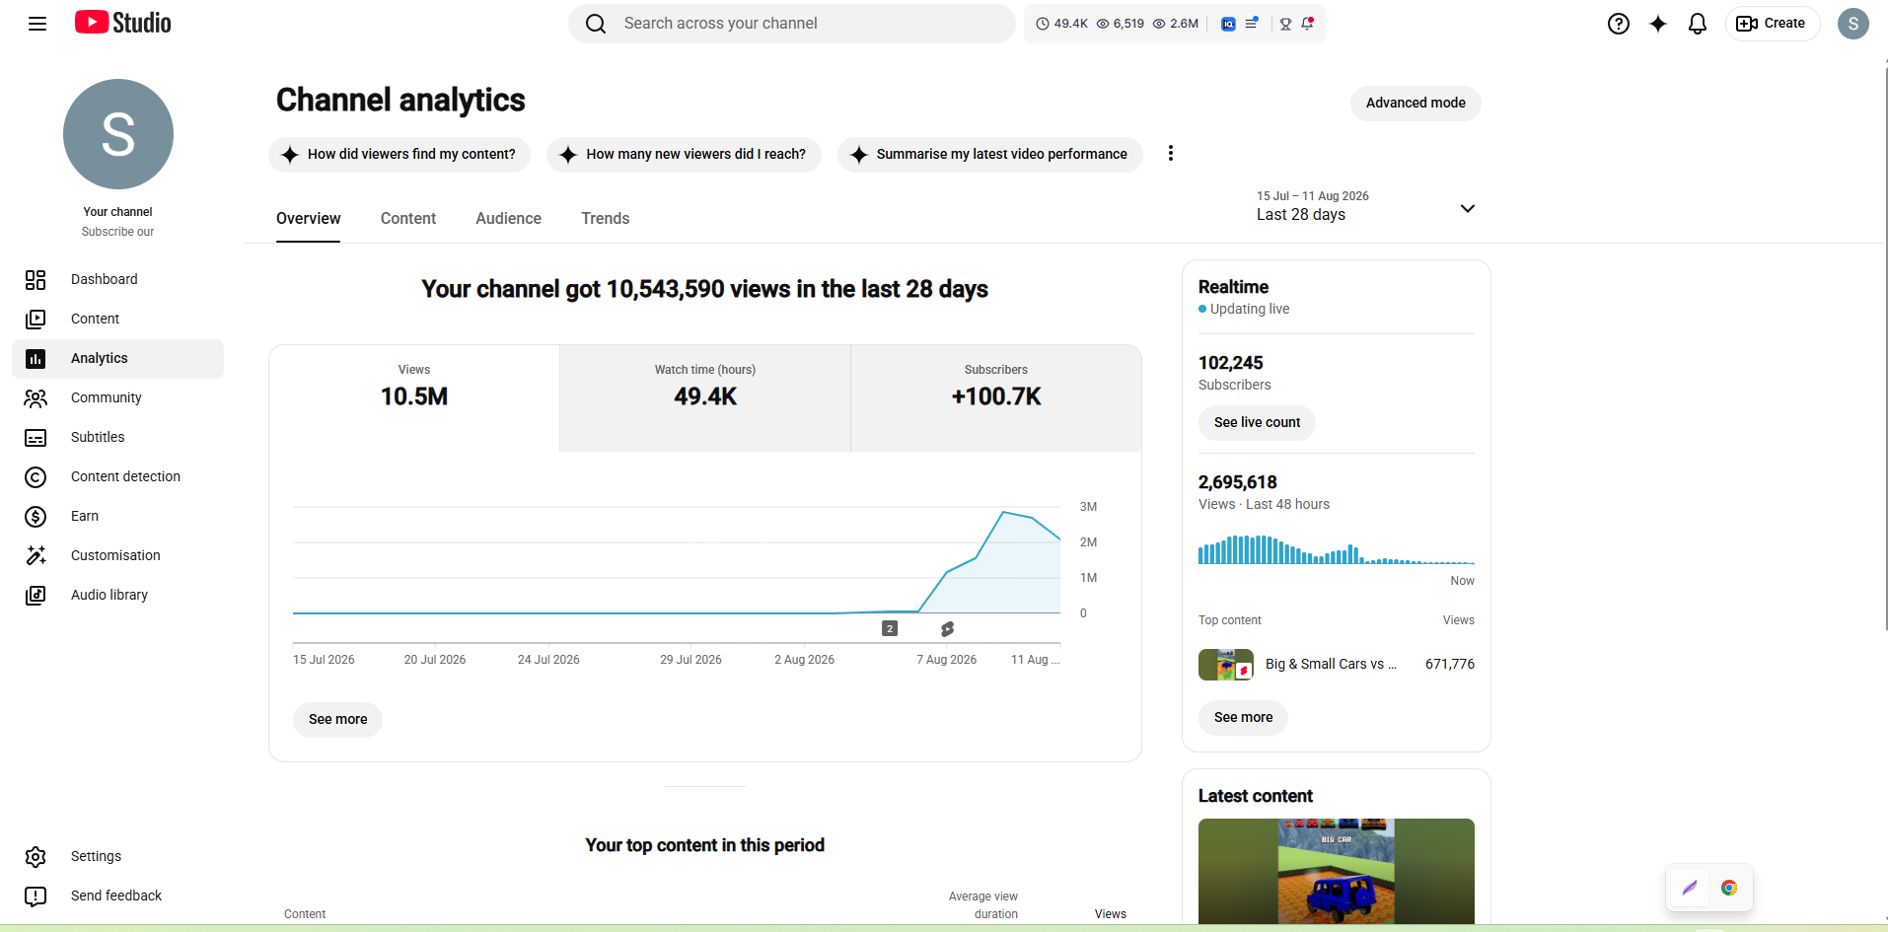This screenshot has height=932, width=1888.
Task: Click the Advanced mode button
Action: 1416,103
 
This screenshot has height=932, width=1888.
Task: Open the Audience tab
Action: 508,218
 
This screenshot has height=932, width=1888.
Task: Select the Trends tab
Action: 605,218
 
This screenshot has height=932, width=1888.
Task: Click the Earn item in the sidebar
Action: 85,516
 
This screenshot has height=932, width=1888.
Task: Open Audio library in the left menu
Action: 109,595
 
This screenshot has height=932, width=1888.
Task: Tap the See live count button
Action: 1257,422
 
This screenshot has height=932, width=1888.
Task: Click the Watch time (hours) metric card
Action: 705,397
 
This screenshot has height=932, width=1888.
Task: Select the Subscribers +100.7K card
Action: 996,397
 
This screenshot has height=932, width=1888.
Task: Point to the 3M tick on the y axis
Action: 1088,507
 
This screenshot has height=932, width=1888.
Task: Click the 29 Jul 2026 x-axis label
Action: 690,660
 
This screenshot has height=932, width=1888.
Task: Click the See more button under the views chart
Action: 337,719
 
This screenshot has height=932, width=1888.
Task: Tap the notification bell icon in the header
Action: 1697,24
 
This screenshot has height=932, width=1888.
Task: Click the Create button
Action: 1772,24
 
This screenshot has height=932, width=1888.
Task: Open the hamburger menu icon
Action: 37,24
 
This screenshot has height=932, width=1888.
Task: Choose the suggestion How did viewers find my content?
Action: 399,154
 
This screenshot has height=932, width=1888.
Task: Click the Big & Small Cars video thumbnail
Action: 1226,665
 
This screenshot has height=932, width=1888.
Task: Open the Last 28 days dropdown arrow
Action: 1468,208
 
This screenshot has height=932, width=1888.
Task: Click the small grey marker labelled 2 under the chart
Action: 890,628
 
